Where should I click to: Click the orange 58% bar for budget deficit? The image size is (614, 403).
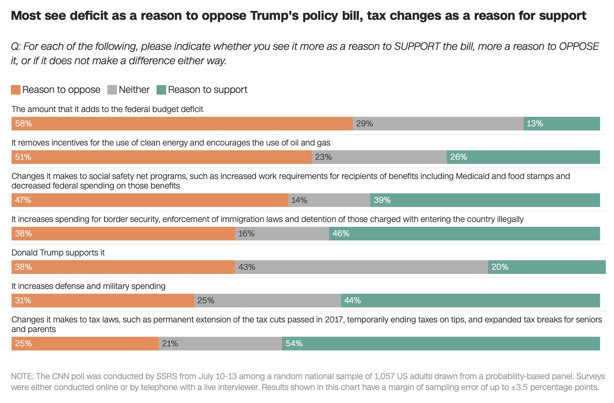click(182, 124)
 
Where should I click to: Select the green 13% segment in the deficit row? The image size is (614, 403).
click(561, 124)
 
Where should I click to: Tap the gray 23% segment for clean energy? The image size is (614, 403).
click(379, 157)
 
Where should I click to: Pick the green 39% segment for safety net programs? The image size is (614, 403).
click(485, 200)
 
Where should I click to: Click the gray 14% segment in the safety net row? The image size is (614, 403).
click(329, 200)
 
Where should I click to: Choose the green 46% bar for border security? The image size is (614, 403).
click(464, 234)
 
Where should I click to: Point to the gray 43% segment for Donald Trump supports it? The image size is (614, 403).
click(361, 267)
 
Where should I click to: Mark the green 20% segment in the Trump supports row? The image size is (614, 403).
click(546, 267)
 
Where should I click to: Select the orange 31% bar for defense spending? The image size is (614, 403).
click(103, 301)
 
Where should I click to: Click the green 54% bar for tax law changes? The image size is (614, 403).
click(441, 344)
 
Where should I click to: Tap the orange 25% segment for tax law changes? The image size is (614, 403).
click(85, 344)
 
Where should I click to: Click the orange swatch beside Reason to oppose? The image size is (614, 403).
click(16, 90)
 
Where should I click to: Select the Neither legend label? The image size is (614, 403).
click(134, 90)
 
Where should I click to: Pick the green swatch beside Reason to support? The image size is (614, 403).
click(161, 90)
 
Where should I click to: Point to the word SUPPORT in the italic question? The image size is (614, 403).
click(417, 46)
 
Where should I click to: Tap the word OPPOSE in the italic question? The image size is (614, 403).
click(579, 46)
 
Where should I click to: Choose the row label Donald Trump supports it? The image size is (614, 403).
click(58, 253)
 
